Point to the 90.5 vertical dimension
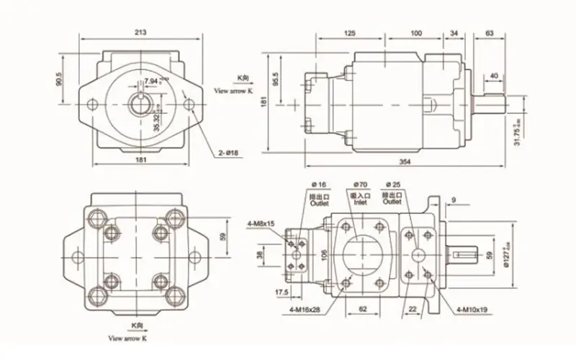[x=59, y=80]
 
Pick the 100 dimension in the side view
[x=416, y=34]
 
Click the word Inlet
[x=358, y=203]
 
